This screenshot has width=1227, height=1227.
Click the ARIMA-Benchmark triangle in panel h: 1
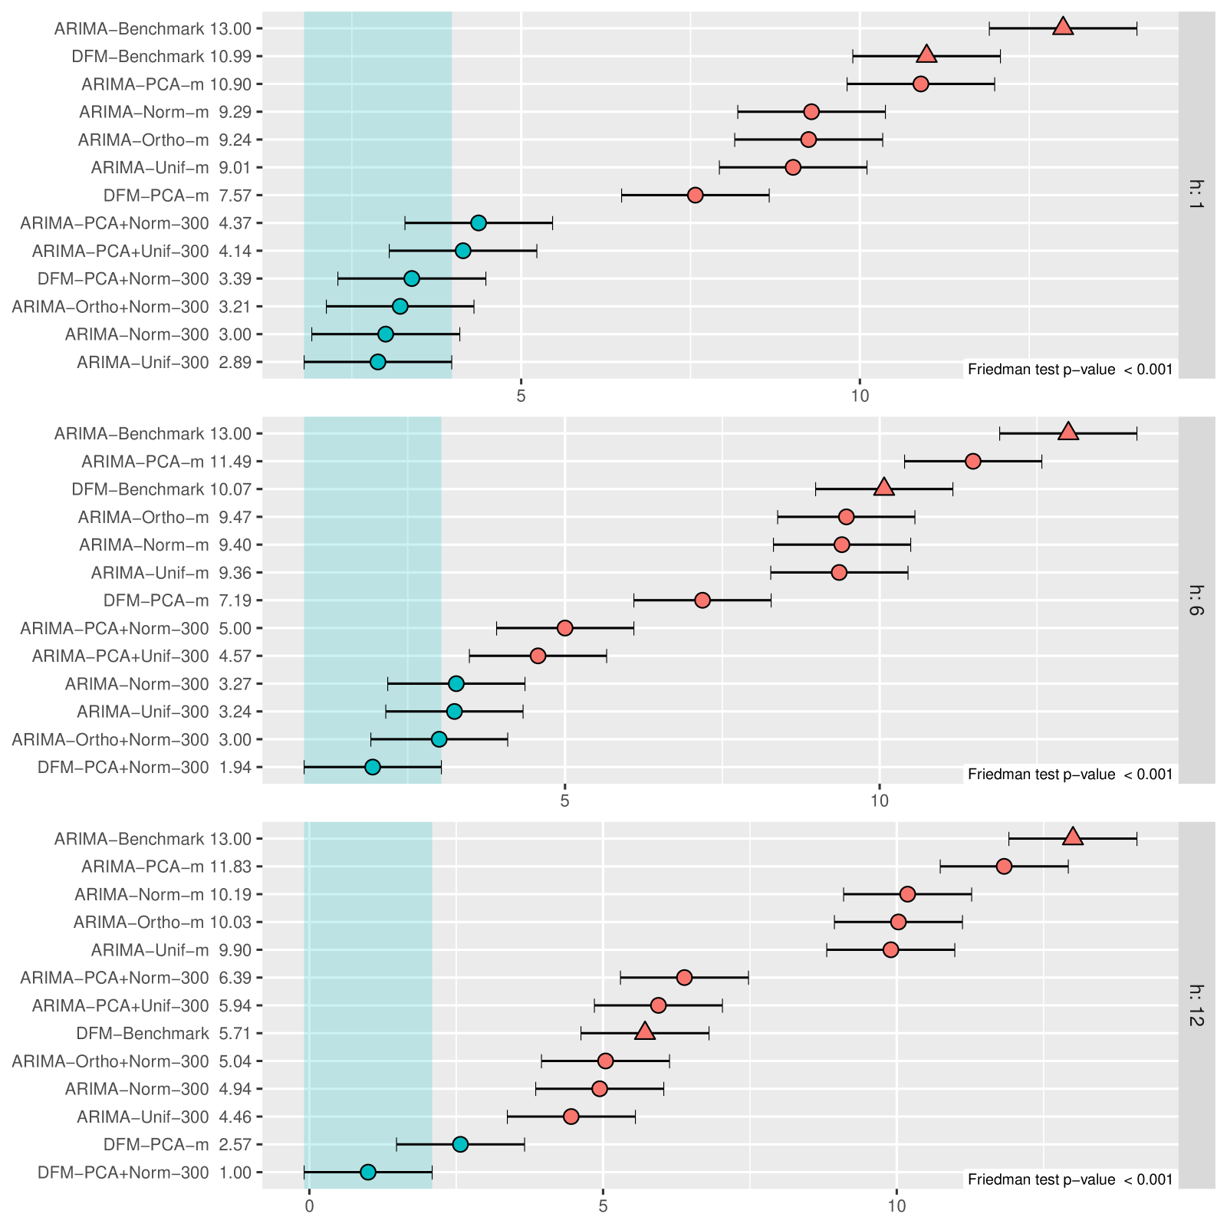(1062, 28)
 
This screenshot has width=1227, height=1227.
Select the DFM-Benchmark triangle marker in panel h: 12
(645, 1032)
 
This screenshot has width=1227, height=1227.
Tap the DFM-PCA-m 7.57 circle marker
(695, 195)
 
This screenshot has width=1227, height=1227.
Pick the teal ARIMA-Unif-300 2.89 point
(377, 362)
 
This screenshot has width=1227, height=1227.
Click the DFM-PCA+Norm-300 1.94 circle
(373, 767)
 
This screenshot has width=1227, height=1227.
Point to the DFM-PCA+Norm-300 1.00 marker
(368, 1172)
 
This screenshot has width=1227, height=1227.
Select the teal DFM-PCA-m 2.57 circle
(460, 1144)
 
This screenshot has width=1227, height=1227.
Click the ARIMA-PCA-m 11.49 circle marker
(973, 461)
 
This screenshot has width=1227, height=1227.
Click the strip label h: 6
(1196, 600)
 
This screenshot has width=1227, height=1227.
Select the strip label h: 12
(1196, 1005)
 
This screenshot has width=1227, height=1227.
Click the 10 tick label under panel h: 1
(860, 396)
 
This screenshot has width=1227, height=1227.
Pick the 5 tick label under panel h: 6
(564, 801)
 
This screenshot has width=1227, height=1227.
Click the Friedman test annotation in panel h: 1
(1070, 370)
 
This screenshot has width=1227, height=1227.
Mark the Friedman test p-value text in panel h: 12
(1070, 1179)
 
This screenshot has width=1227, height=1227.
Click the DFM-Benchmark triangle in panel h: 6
(884, 488)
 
